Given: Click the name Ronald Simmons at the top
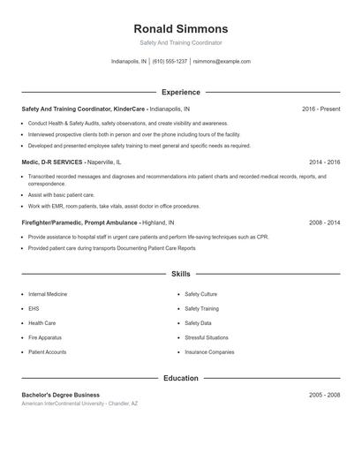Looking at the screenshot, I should point(180,28).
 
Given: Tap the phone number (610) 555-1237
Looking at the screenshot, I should point(170,62).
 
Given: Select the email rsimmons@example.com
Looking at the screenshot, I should point(222,62).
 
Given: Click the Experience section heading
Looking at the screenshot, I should point(180,92).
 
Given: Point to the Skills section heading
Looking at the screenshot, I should point(180,275).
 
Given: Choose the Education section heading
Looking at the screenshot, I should point(180,378).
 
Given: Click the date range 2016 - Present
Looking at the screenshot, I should point(321,109).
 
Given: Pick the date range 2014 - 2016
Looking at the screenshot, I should point(325,162).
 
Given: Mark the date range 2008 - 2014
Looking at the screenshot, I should point(325,223).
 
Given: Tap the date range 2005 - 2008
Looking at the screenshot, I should point(325,395).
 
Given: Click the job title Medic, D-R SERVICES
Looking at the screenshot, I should point(53,162).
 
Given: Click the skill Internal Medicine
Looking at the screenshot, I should point(48,294).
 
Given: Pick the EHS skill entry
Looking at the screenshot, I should point(34,309).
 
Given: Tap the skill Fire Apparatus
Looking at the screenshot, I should point(45,337).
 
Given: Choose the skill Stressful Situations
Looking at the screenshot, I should point(206,337).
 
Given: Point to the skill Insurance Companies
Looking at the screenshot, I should point(209,352).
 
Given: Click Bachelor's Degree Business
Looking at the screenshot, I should point(60,395).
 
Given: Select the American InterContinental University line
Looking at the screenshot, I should point(79,404).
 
